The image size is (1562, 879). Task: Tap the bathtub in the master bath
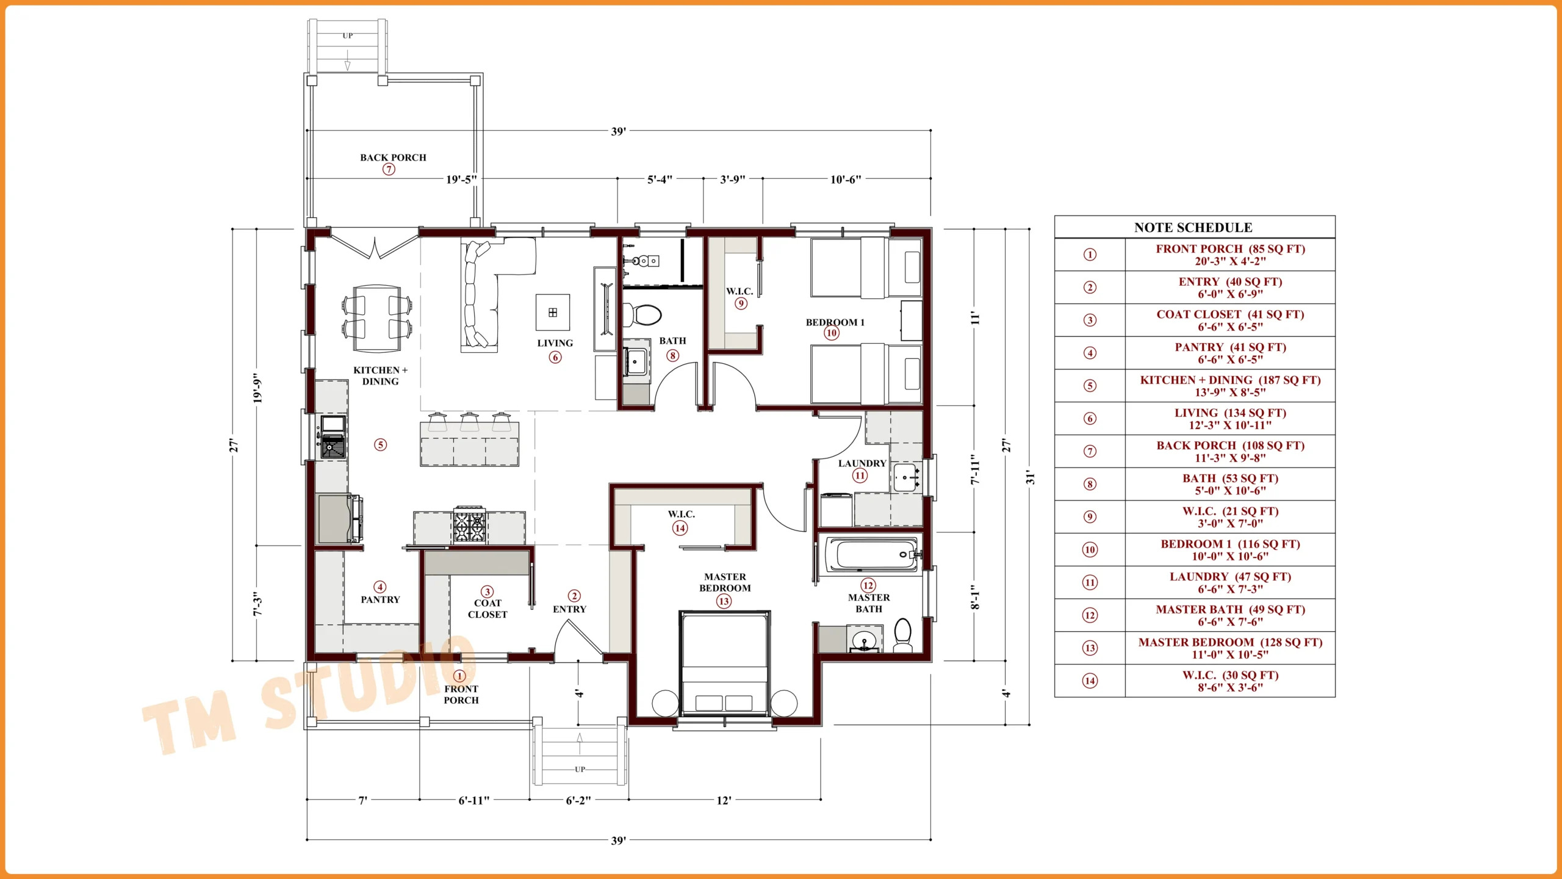point(871,555)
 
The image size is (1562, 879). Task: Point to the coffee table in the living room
point(553,313)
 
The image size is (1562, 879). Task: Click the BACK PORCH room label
point(393,157)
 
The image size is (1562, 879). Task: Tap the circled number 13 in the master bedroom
point(724,601)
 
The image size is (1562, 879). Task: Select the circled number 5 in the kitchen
point(380,444)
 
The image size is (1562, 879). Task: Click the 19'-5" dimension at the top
point(461,179)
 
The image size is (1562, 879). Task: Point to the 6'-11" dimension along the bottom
point(474,800)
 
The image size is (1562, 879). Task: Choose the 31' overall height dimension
point(1030,477)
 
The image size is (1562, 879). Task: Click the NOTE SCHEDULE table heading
point(1193,228)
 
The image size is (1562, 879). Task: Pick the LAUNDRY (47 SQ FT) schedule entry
point(1230,583)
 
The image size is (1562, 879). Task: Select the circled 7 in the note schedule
point(1090,451)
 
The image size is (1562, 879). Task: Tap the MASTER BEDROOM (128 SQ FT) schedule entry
point(1230,648)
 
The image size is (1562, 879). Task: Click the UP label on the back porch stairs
point(348,36)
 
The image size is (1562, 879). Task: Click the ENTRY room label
point(569,609)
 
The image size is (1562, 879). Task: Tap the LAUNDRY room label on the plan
point(862,463)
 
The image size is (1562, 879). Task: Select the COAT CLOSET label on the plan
point(488,609)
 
